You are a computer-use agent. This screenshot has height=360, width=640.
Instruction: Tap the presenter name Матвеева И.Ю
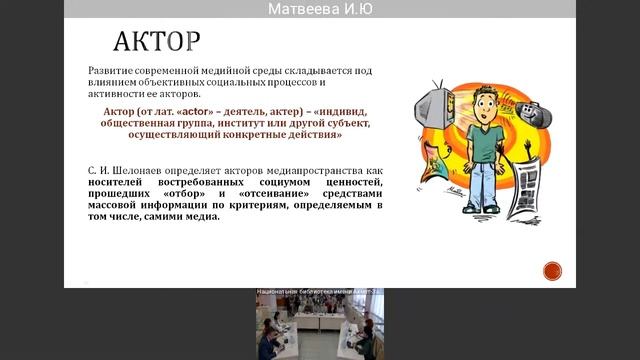(320, 9)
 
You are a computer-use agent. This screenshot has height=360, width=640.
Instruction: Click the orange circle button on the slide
(552, 269)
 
